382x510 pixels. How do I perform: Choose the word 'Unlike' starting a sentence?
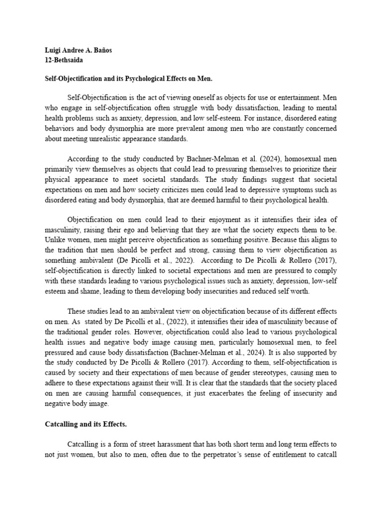click(54, 241)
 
